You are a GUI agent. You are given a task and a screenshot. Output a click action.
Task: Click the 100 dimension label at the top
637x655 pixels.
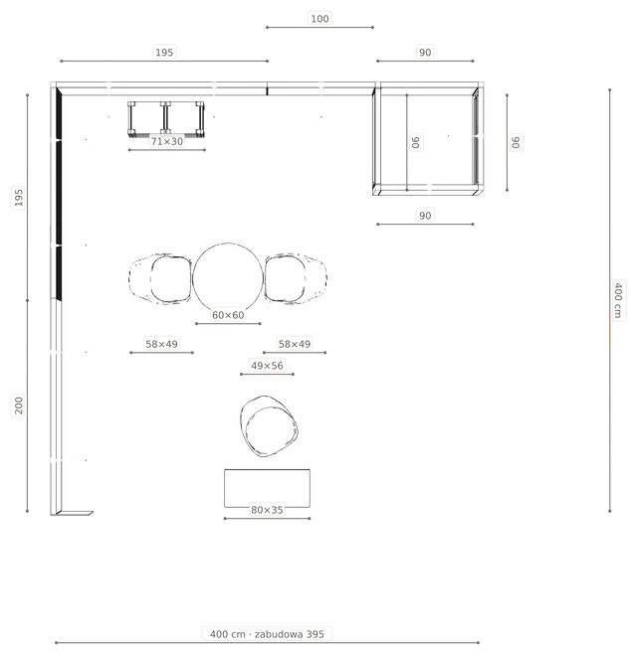319,19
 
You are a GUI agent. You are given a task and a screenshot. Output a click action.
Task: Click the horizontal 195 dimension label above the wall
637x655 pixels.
164,53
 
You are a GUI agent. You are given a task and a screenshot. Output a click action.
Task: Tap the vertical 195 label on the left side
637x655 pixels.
19,197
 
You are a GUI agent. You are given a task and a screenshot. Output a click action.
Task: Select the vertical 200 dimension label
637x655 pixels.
19,406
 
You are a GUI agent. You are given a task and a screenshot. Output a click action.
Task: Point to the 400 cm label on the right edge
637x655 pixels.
618,300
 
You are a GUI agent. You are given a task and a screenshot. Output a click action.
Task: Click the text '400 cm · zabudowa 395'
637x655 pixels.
267,634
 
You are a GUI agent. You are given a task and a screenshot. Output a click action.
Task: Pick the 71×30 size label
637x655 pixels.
167,141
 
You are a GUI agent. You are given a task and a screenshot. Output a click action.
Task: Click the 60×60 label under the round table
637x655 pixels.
228,315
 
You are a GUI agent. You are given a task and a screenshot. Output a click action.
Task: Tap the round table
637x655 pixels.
228,277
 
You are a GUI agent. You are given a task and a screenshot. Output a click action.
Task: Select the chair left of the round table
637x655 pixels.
161,278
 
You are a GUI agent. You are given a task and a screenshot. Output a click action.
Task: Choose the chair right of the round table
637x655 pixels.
296,278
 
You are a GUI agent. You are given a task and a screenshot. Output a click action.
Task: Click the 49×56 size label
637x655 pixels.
267,366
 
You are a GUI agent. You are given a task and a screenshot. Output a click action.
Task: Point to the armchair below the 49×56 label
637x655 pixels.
269,426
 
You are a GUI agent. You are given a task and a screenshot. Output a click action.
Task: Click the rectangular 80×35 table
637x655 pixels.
267,488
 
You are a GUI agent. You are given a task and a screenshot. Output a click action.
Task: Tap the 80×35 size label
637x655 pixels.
267,510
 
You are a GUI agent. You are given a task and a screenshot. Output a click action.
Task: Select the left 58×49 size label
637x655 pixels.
161,344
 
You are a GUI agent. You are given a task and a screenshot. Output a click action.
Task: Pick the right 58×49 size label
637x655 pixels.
295,344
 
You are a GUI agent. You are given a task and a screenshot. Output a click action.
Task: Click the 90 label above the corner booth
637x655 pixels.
425,53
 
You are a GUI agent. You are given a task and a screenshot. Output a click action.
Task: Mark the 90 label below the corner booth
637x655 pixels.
425,216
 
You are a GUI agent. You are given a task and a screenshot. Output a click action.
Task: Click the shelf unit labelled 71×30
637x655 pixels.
166,119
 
